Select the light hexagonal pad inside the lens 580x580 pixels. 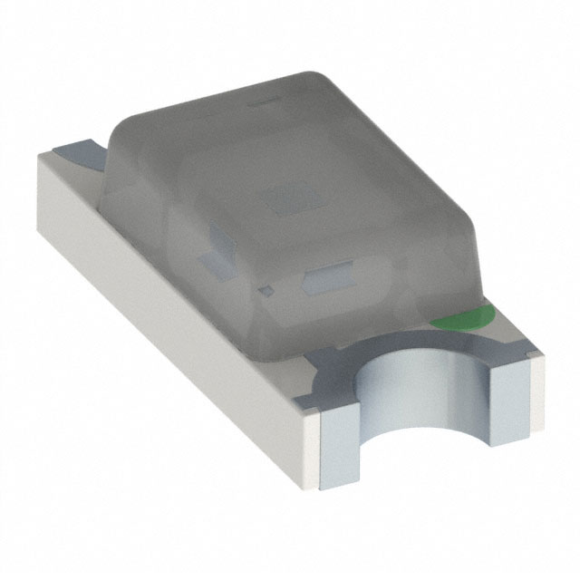[326, 282]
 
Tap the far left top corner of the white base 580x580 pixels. [41, 156]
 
